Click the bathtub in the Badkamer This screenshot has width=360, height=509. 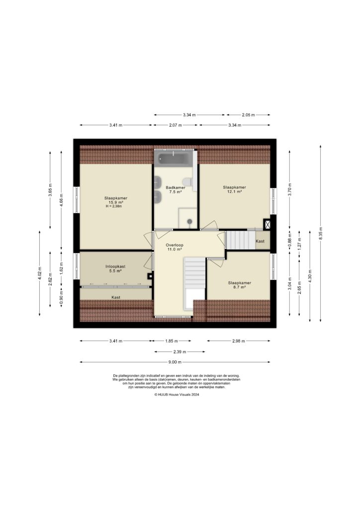point(174,159)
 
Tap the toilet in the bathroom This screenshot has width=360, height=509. point(187,182)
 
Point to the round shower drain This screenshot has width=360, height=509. point(189,222)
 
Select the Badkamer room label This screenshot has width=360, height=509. point(176,187)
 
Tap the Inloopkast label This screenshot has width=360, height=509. point(115,266)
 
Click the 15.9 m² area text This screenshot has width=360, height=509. point(115,202)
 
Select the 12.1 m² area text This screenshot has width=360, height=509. point(234,191)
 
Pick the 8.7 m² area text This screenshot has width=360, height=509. point(239,287)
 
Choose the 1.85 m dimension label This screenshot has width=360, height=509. point(172,341)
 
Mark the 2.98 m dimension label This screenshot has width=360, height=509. point(239,341)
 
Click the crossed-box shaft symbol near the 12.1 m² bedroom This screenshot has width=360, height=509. point(267,224)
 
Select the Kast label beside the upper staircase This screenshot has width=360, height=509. point(260,241)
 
